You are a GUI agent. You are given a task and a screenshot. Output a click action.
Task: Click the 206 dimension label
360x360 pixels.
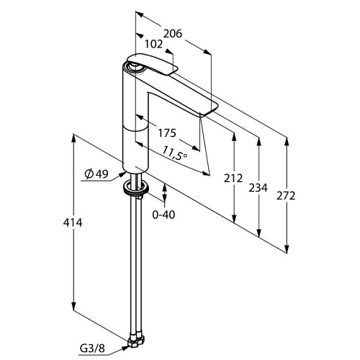(173, 34)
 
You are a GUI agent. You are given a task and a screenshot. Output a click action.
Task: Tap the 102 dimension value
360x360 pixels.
(153, 44)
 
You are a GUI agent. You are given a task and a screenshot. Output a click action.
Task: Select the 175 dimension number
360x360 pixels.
(167, 133)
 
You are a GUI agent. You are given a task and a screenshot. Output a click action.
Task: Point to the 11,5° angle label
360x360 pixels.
(175, 153)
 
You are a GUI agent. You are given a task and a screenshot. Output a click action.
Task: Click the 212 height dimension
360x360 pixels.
(233, 179)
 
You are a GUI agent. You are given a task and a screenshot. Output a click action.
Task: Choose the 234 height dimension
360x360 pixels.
(258, 188)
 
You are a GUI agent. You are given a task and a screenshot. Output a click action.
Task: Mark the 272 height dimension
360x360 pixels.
(286, 196)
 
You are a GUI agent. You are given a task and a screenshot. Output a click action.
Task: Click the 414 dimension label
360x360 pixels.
(73, 223)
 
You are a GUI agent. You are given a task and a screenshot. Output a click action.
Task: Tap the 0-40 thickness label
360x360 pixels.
(163, 215)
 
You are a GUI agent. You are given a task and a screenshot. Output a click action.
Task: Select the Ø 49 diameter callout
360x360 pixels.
(96, 174)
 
